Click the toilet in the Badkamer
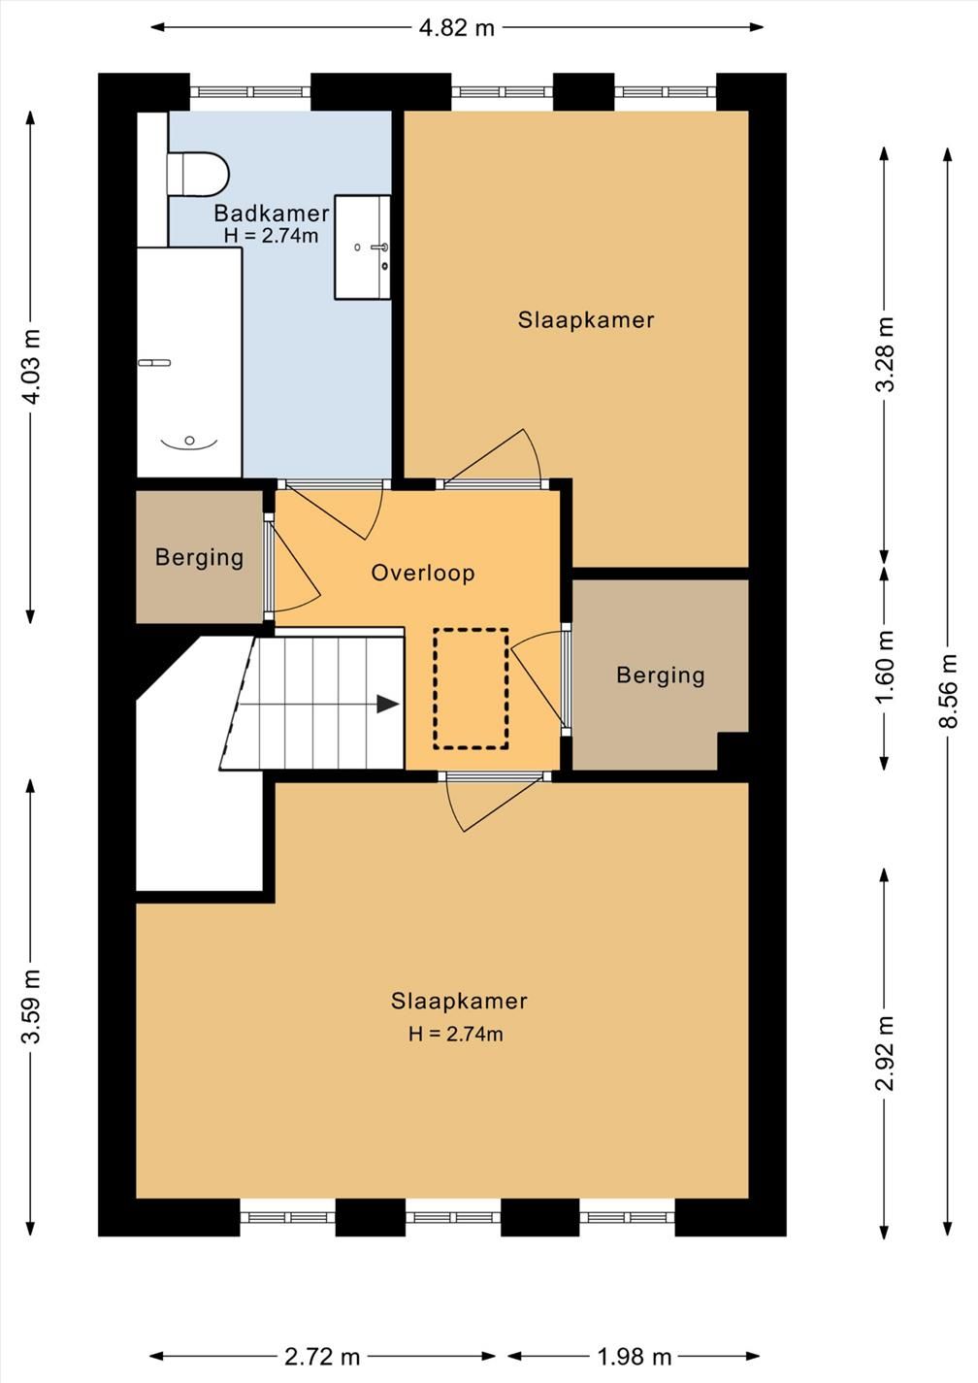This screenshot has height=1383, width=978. tap(198, 174)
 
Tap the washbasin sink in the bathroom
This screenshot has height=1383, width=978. tap(362, 247)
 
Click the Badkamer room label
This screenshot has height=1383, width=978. tap(272, 214)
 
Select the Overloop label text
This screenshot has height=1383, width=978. tap(423, 573)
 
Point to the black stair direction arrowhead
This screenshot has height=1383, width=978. tap(388, 704)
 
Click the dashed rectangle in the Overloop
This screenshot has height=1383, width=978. tap(471, 689)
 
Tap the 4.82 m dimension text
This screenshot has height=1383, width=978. tap(457, 28)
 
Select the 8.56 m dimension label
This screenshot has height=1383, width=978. tap(948, 691)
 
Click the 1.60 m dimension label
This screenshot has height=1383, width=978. tap(885, 667)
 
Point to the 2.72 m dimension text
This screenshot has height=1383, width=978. tap(322, 1357)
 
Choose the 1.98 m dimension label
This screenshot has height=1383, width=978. tap(634, 1357)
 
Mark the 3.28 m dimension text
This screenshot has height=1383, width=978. tap(885, 354)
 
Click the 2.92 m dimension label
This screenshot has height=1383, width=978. tap(885, 1053)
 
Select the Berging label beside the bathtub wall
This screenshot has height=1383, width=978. tap(199, 557)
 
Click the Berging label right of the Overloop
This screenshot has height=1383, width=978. tap(660, 675)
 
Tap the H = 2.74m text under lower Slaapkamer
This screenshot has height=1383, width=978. tap(456, 1035)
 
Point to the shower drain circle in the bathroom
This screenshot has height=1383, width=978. tap(189, 441)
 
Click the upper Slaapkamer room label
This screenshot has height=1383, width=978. tap(586, 320)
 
